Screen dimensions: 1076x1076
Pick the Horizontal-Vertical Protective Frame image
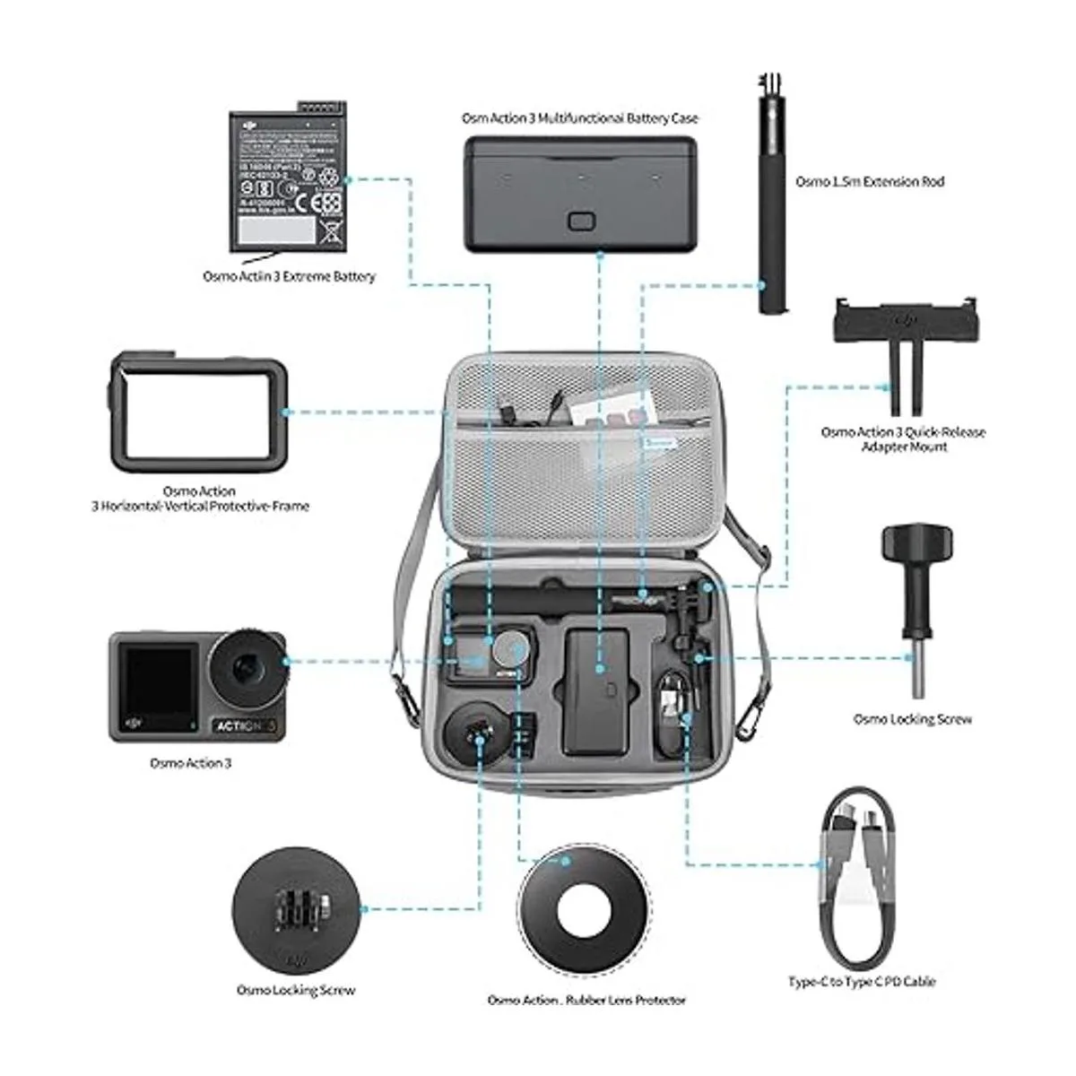point(198,412)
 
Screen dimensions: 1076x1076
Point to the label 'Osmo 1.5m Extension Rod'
point(870,181)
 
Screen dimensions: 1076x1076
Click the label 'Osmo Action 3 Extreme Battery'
point(289,277)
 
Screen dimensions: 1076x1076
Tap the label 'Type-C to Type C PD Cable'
point(862,982)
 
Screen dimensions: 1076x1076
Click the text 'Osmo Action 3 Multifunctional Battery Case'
point(579,118)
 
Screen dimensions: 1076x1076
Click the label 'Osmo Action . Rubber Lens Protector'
point(586,1000)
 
